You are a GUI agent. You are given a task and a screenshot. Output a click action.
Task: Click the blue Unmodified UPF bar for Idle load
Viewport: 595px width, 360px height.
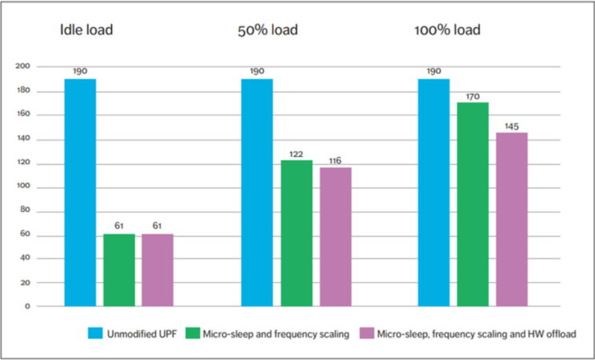80,192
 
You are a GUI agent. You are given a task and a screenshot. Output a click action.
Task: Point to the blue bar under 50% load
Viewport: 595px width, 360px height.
257,192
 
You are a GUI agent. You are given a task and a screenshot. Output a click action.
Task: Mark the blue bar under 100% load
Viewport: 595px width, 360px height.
433,192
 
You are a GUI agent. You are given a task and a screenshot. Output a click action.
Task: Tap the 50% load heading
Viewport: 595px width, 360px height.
268,31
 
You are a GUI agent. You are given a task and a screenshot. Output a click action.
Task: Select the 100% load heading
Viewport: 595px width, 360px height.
447,31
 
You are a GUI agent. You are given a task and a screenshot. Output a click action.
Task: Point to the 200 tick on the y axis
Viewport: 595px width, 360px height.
22,66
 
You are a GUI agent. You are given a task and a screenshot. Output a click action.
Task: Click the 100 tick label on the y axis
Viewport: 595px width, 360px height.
22,186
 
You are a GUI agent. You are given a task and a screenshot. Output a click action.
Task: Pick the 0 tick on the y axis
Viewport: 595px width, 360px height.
26,306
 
